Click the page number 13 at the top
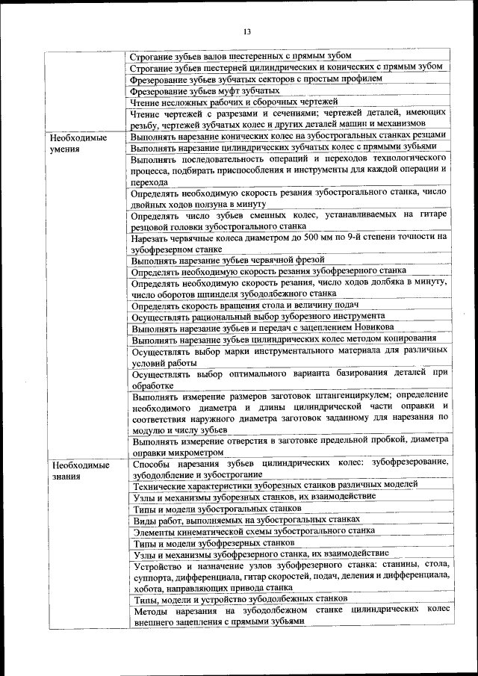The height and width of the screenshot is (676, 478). click(247, 30)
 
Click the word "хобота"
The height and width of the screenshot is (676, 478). click(148, 587)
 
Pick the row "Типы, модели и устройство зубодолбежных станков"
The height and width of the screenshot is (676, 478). click(239, 599)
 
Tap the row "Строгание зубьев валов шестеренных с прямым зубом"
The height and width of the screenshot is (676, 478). click(240, 55)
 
